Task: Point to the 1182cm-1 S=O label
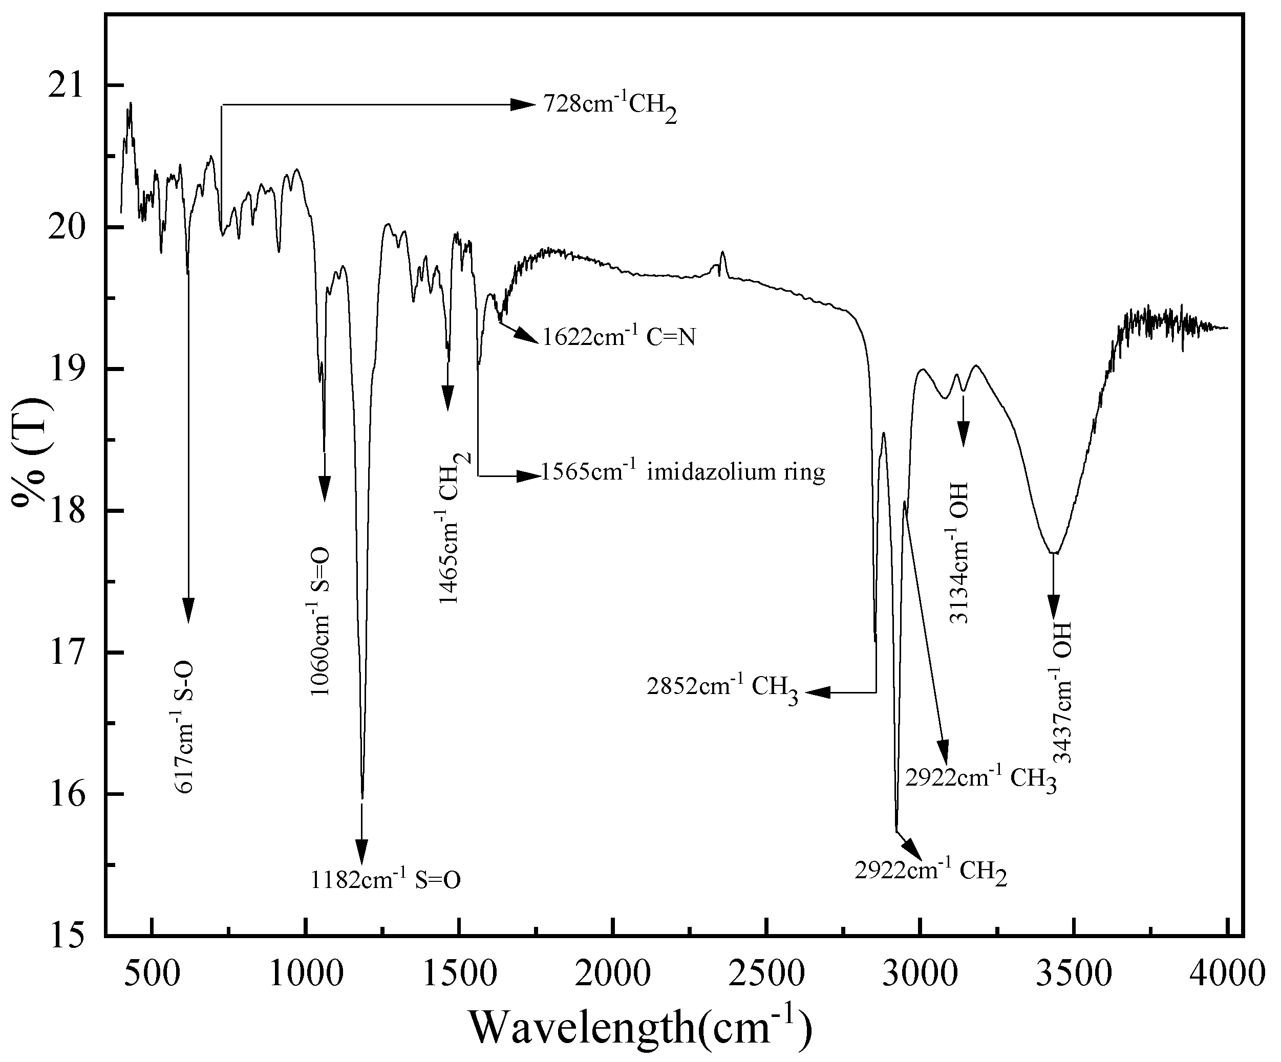(386, 880)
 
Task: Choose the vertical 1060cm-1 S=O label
(319, 621)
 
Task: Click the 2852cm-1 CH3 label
(722, 689)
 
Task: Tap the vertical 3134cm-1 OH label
(958, 552)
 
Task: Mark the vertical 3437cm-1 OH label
(1062, 692)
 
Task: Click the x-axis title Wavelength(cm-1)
(640, 1026)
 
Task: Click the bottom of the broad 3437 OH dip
(1054, 553)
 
